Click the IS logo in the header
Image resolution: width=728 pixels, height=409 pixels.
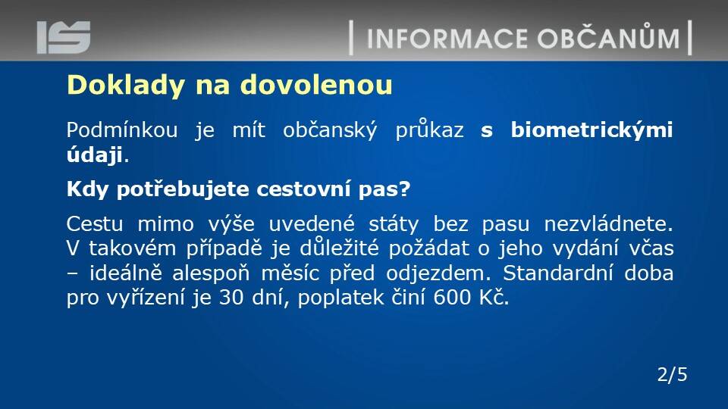(x=64, y=37)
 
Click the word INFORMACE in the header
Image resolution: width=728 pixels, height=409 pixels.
(x=447, y=39)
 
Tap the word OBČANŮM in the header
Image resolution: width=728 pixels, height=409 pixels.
(x=609, y=36)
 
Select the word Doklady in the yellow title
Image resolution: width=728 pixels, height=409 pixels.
(x=126, y=86)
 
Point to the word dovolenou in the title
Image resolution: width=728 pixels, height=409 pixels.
(x=316, y=84)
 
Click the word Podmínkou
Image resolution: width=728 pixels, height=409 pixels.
(x=122, y=130)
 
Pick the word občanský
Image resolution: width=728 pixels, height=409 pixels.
(x=330, y=130)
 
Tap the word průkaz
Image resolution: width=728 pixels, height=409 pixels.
(x=429, y=130)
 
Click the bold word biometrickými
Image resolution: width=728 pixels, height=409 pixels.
(x=592, y=130)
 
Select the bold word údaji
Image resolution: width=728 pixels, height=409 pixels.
(x=95, y=155)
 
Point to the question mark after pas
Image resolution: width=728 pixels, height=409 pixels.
(x=405, y=189)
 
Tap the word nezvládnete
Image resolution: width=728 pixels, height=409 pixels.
(x=608, y=224)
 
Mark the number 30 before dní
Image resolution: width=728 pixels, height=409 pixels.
(x=231, y=297)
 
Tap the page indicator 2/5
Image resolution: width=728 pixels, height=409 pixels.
(x=673, y=374)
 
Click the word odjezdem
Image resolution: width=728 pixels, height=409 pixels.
(x=438, y=273)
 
